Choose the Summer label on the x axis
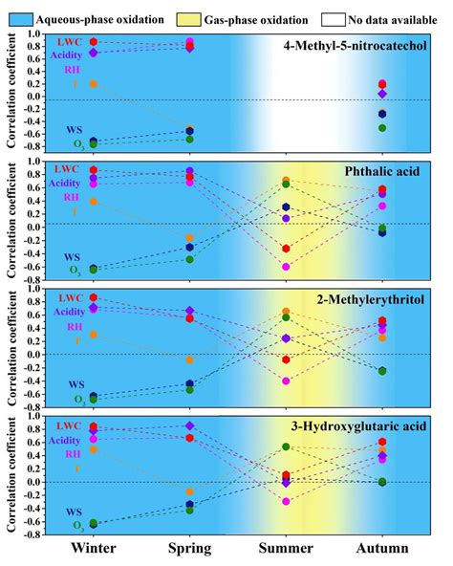[x=285, y=548]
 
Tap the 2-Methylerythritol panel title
[x=374, y=300]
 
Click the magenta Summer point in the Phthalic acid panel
[x=285, y=267]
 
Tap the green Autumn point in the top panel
[x=381, y=127]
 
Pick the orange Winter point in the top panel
[x=93, y=84]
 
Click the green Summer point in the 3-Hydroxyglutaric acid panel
[x=285, y=446]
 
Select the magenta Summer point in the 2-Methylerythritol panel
[x=285, y=381]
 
